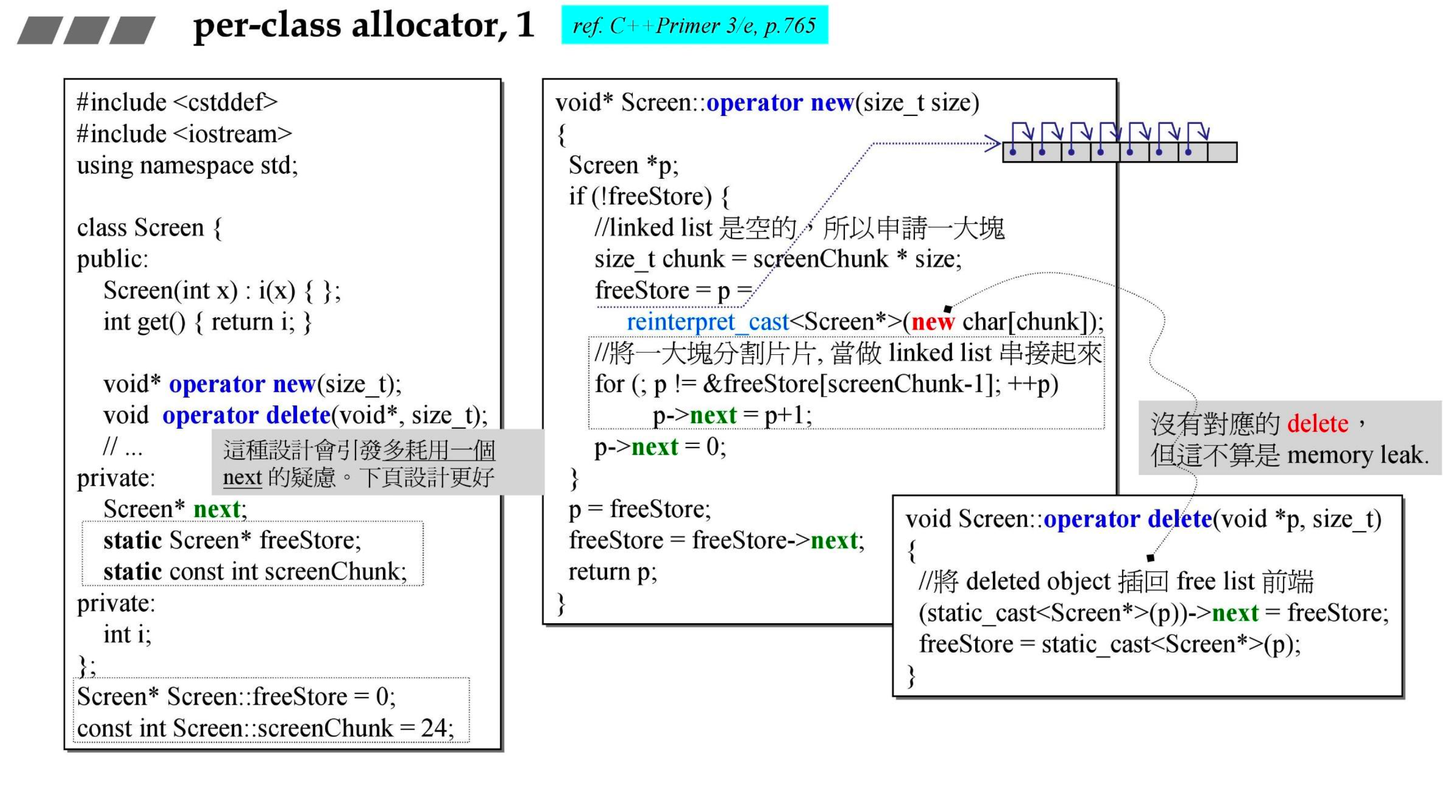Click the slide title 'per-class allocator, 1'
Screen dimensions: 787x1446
click(363, 25)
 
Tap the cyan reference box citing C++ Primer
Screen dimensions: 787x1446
click(694, 25)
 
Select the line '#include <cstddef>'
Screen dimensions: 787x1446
click(177, 103)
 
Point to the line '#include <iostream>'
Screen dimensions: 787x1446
click(184, 134)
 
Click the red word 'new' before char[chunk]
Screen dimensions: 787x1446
click(932, 322)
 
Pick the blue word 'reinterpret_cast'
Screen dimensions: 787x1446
click(707, 322)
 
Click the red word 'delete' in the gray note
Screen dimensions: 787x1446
click(1317, 424)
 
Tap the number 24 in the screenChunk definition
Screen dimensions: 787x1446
click(433, 728)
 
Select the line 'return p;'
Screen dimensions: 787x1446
click(613, 572)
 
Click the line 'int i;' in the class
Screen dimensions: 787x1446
click(127, 634)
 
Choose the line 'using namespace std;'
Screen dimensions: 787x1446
click(187, 166)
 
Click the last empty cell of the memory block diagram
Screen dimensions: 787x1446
click(1221, 152)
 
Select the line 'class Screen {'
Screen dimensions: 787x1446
click(149, 228)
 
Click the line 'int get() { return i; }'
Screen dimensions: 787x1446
click(207, 322)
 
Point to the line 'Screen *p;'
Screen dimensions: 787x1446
click(623, 166)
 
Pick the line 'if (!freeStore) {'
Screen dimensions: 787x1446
click(649, 196)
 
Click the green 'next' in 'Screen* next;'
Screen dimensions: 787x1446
click(217, 509)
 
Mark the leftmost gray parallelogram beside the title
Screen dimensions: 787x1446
click(39, 31)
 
